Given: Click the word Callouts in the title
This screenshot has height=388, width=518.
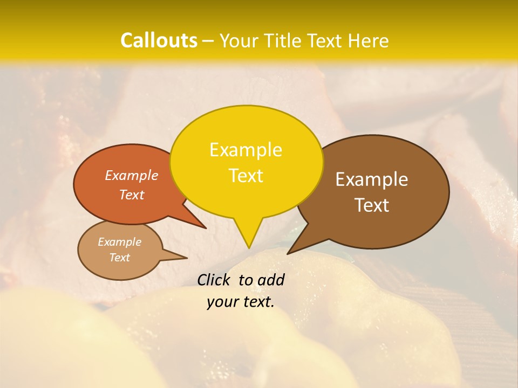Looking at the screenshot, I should click(159, 40).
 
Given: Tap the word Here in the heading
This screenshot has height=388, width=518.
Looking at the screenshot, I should click(367, 40).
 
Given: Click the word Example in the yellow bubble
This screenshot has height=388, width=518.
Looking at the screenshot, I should click(246, 150).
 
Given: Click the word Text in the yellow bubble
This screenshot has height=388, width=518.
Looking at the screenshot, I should click(246, 176).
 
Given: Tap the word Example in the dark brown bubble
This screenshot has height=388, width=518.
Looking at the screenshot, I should click(372, 179).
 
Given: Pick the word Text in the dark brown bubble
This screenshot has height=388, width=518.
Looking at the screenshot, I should click(372, 205).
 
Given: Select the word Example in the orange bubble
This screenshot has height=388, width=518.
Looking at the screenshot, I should click(132, 176).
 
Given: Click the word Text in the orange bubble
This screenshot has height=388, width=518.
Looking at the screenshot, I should click(132, 195).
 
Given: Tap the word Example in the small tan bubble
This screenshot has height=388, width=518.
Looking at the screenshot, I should click(119, 242).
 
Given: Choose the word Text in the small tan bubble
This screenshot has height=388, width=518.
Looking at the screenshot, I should click(119, 258).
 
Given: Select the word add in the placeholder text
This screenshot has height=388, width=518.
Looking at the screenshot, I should click(271, 280).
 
